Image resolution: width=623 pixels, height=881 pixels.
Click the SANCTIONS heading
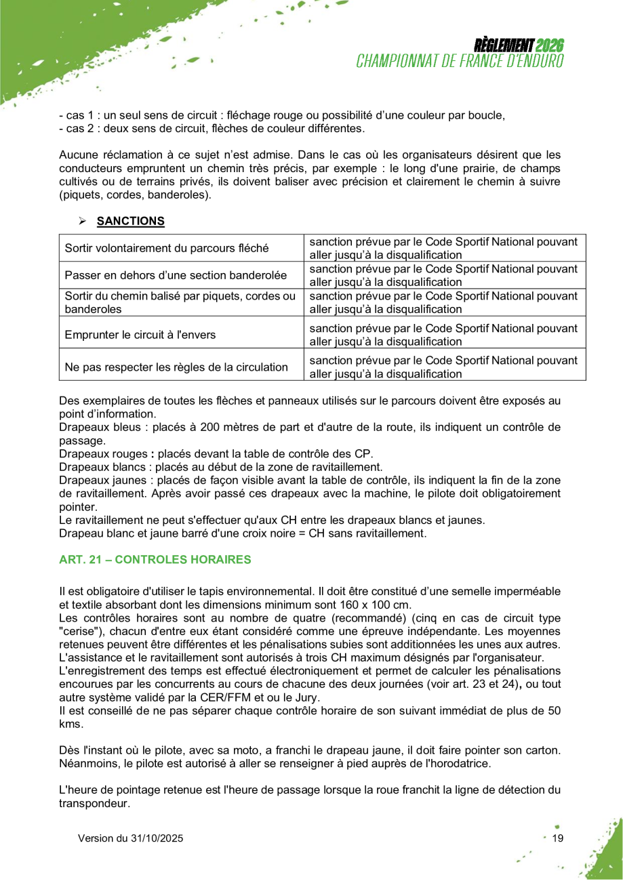point(130,221)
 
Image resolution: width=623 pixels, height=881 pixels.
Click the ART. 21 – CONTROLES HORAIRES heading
point(155,560)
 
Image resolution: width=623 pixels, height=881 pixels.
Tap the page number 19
point(558,838)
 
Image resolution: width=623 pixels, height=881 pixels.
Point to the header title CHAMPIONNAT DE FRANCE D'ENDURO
point(460,61)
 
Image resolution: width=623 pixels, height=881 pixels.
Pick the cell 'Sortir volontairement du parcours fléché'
point(166,248)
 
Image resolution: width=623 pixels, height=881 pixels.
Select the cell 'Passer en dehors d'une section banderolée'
point(176,275)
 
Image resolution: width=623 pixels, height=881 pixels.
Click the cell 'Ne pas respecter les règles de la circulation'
point(176,367)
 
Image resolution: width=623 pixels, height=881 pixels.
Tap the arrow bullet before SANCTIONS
point(83,222)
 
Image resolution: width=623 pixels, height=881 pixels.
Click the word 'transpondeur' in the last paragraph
point(93,803)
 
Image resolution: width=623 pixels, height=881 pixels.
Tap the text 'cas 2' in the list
point(79,128)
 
